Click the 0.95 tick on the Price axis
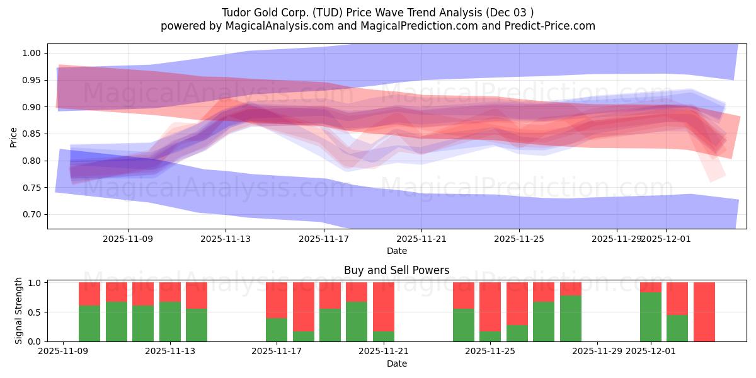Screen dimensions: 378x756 coord(32,80)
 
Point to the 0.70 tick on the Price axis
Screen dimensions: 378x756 coord(32,215)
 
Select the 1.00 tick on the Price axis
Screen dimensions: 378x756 coord(32,53)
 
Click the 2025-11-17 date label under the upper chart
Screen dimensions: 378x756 coord(324,239)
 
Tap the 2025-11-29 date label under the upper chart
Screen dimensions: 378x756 coord(617,239)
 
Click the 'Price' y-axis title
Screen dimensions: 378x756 coord(13,136)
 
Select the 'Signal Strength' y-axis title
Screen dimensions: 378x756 coord(18,310)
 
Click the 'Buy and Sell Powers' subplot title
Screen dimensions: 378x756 coord(396,270)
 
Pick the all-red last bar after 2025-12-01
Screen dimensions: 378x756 coord(704,312)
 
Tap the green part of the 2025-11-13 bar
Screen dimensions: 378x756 coord(169,322)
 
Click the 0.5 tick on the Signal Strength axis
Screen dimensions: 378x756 coord(35,312)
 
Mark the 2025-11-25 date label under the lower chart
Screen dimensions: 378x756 coord(490,351)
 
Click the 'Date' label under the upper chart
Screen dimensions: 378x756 coord(396,251)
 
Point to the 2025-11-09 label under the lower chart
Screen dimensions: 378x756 coord(63,351)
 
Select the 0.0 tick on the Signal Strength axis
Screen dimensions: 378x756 coord(35,341)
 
